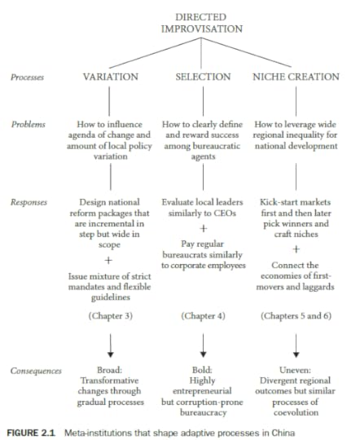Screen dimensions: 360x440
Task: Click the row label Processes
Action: (x=28, y=77)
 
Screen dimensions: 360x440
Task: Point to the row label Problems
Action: (x=27, y=125)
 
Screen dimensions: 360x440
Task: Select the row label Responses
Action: (x=29, y=200)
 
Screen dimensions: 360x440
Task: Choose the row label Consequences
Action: (x=36, y=371)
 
